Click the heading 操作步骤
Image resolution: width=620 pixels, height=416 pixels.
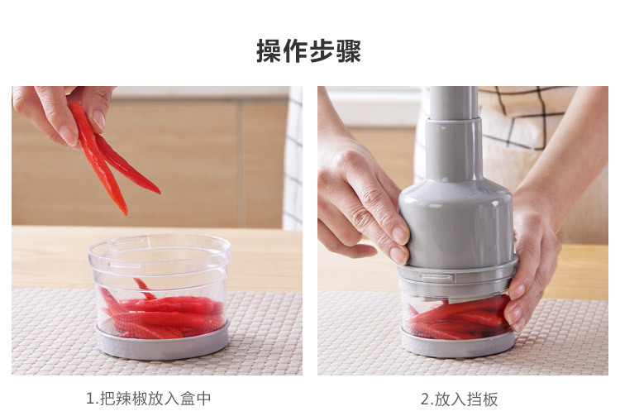[308, 51]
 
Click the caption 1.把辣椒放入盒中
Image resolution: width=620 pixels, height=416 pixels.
[149, 399]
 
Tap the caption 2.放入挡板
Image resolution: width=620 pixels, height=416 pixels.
[460, 399]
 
